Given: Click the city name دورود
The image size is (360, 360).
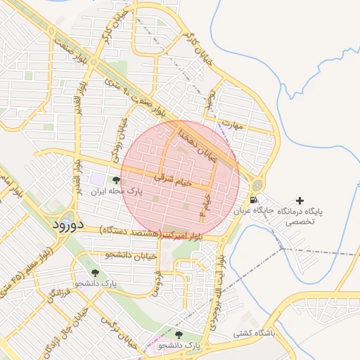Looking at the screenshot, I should pos(67,225).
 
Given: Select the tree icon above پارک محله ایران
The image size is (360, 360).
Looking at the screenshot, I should pos(115,181).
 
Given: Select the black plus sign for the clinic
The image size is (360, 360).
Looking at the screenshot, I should pos(301,201).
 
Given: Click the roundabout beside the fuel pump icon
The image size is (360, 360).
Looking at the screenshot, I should pos(255,185).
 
